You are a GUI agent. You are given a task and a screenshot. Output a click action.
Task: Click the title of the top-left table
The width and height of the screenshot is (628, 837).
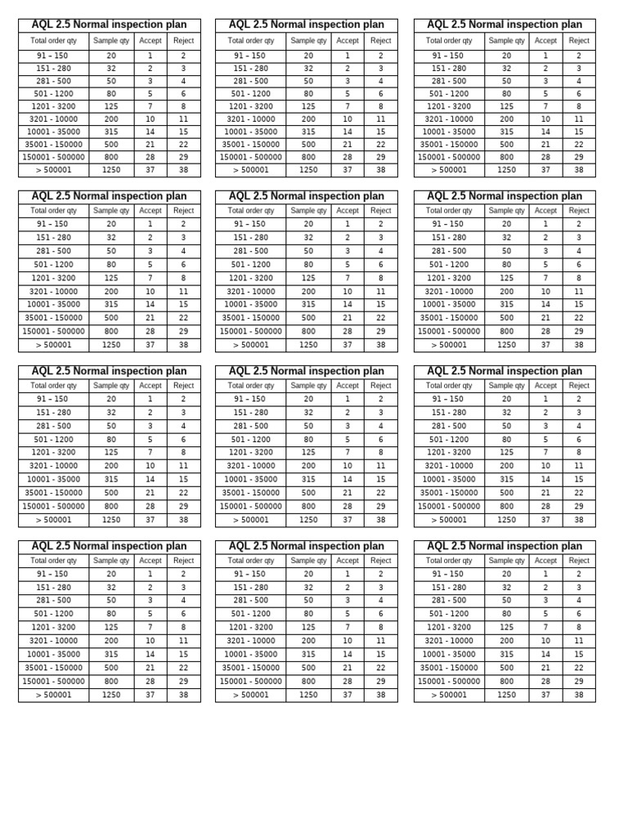[109, 25]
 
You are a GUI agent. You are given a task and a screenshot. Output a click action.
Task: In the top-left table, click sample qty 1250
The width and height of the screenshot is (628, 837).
[111, 170]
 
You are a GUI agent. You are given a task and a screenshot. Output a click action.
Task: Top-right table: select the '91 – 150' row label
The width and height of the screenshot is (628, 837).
[449, 56]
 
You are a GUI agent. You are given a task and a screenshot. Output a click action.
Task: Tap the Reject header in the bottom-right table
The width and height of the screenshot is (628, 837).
[579, 561]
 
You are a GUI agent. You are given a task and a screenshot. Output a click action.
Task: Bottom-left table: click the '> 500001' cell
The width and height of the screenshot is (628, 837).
[53, 695]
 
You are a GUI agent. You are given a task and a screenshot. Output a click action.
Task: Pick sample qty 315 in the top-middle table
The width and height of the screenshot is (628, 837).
[308, 131]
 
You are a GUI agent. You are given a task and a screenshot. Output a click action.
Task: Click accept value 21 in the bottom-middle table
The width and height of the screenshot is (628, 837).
[348, 668]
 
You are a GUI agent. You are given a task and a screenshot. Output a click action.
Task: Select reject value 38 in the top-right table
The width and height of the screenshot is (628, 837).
[579, 170]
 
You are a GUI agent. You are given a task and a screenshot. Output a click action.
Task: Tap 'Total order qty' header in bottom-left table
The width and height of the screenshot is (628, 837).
[53, 561]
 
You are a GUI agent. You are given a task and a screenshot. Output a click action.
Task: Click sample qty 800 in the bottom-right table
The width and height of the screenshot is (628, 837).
[507, 681]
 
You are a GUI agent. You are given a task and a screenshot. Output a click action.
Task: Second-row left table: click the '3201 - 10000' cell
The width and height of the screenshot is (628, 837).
[53, 291]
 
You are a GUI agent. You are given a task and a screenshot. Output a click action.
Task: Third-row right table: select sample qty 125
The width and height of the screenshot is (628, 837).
[507, 452]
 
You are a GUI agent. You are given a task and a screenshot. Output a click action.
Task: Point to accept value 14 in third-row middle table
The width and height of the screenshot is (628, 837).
[348, 479]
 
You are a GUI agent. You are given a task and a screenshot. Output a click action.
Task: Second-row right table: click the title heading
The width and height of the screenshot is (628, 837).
[505, 196]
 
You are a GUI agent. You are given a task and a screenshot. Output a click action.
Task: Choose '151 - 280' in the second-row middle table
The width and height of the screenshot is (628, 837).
[250, 237]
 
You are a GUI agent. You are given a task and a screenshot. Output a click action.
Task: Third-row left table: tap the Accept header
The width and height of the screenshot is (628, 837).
[150, 385]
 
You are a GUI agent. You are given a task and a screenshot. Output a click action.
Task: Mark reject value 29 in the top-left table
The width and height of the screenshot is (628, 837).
[183, 157]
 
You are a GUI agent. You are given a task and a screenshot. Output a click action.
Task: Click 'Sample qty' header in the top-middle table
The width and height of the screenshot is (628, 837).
[308, 40]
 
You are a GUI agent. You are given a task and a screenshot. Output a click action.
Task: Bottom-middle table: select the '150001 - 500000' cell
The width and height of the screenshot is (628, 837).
[250, 681]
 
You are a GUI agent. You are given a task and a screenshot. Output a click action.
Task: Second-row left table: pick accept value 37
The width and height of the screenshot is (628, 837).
[150, 345]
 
